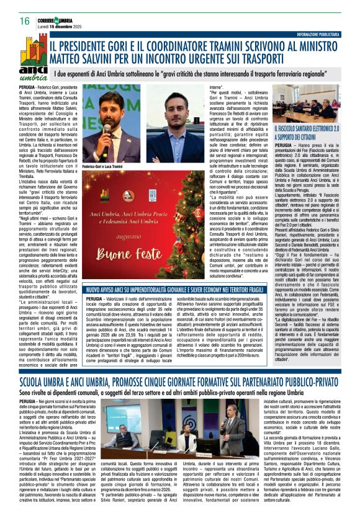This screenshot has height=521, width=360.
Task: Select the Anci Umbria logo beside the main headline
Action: coord(32,65)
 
